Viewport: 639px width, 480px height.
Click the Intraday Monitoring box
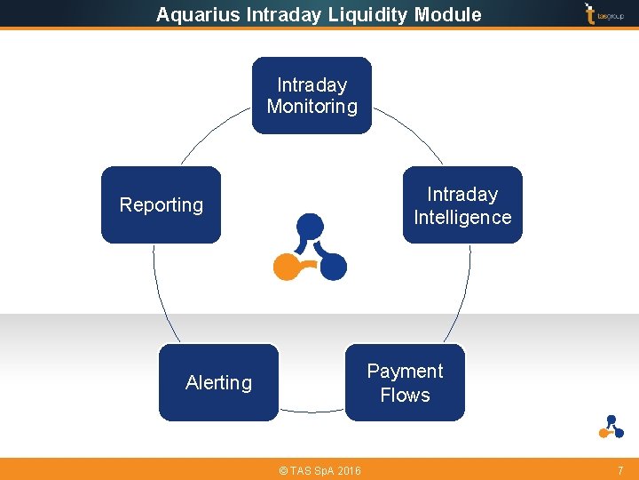[x=312, y=96]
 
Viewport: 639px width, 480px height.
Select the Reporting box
[x=161, y=205]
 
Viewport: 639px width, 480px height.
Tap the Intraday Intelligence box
[x=462, y=205]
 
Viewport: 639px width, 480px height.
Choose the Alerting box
[x=218, y=382]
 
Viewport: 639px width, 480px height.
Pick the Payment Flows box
[x=405, y=382]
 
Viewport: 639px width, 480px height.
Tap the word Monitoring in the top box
[x=312, y=107]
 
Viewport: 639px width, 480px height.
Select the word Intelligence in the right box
[x=462, y=217]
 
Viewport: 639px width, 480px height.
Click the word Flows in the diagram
[x=405, y=395]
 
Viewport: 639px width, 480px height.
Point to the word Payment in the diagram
[x=405, y=372]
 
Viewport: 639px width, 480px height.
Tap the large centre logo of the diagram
[x=310, y=246]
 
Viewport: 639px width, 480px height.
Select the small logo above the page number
[x=611, y=427]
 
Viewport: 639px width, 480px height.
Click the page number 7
[x=620, y=469]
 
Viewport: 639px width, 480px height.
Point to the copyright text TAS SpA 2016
[x=319, y=470]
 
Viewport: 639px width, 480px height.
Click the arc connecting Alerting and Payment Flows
[x=311, y=411]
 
